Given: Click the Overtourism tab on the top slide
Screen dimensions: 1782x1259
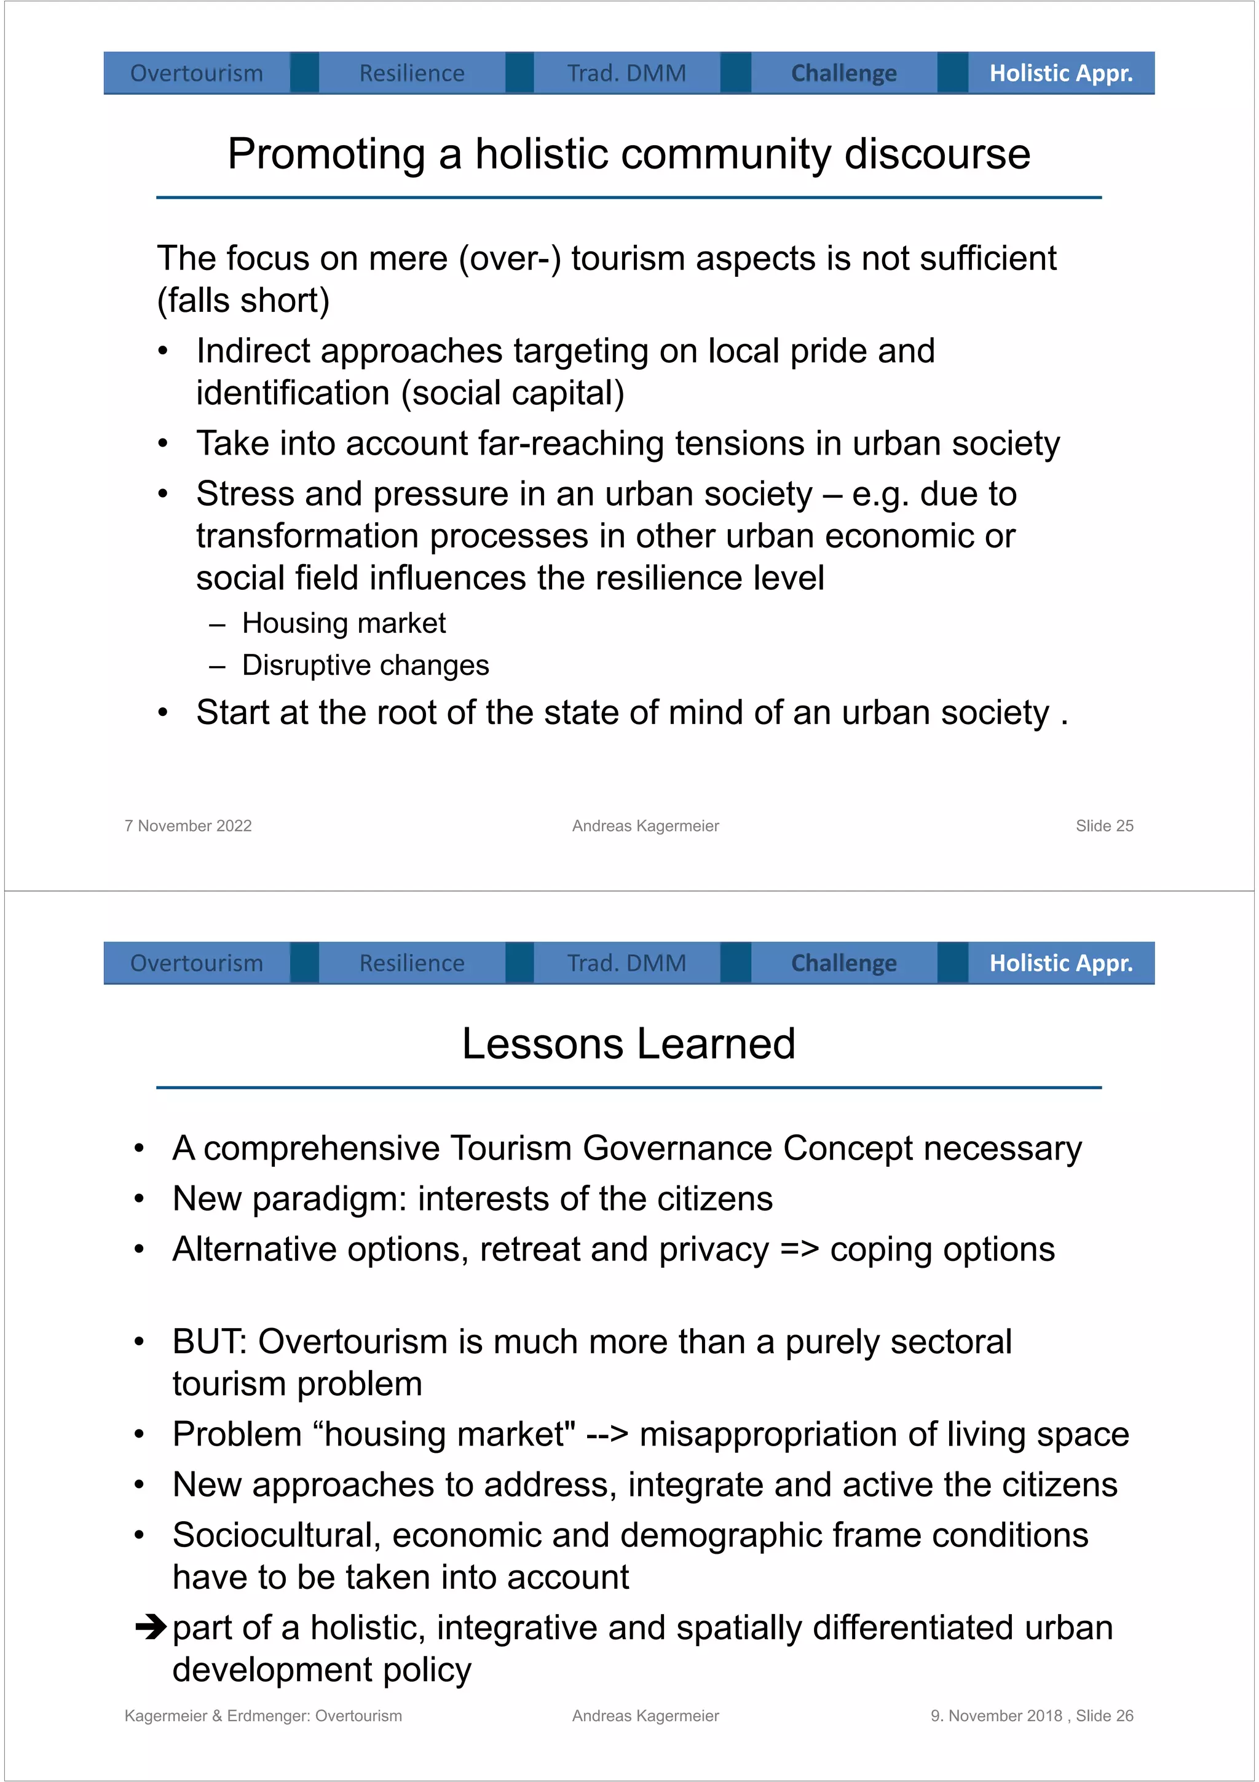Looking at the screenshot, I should point(196,73).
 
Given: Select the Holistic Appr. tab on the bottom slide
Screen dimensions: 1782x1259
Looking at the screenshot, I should point(1060,963).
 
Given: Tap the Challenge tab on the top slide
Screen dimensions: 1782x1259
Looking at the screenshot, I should point(843,73).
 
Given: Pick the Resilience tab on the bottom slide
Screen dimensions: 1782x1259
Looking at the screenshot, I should point(411,963).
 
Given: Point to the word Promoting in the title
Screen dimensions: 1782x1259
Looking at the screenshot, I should point(326,154).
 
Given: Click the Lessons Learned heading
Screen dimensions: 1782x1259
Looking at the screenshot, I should point(628,1043).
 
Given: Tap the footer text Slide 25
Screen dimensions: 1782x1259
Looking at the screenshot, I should point(1104,826).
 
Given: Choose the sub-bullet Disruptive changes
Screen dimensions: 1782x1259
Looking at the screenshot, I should point(365,665).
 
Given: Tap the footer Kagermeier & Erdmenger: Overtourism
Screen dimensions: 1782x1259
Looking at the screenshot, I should point(263,1715).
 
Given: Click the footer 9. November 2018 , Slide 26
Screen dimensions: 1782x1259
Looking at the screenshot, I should point(1031,1715).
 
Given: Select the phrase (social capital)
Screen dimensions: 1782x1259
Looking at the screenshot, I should point(513,392).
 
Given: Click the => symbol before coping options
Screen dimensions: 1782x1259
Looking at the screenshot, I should point(799,1249).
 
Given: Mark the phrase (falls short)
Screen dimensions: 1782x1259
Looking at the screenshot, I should point(243,300).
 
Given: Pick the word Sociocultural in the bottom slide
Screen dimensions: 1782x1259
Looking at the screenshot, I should point(275,1535).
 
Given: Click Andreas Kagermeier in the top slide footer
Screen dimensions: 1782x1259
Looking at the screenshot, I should point(645,826).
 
